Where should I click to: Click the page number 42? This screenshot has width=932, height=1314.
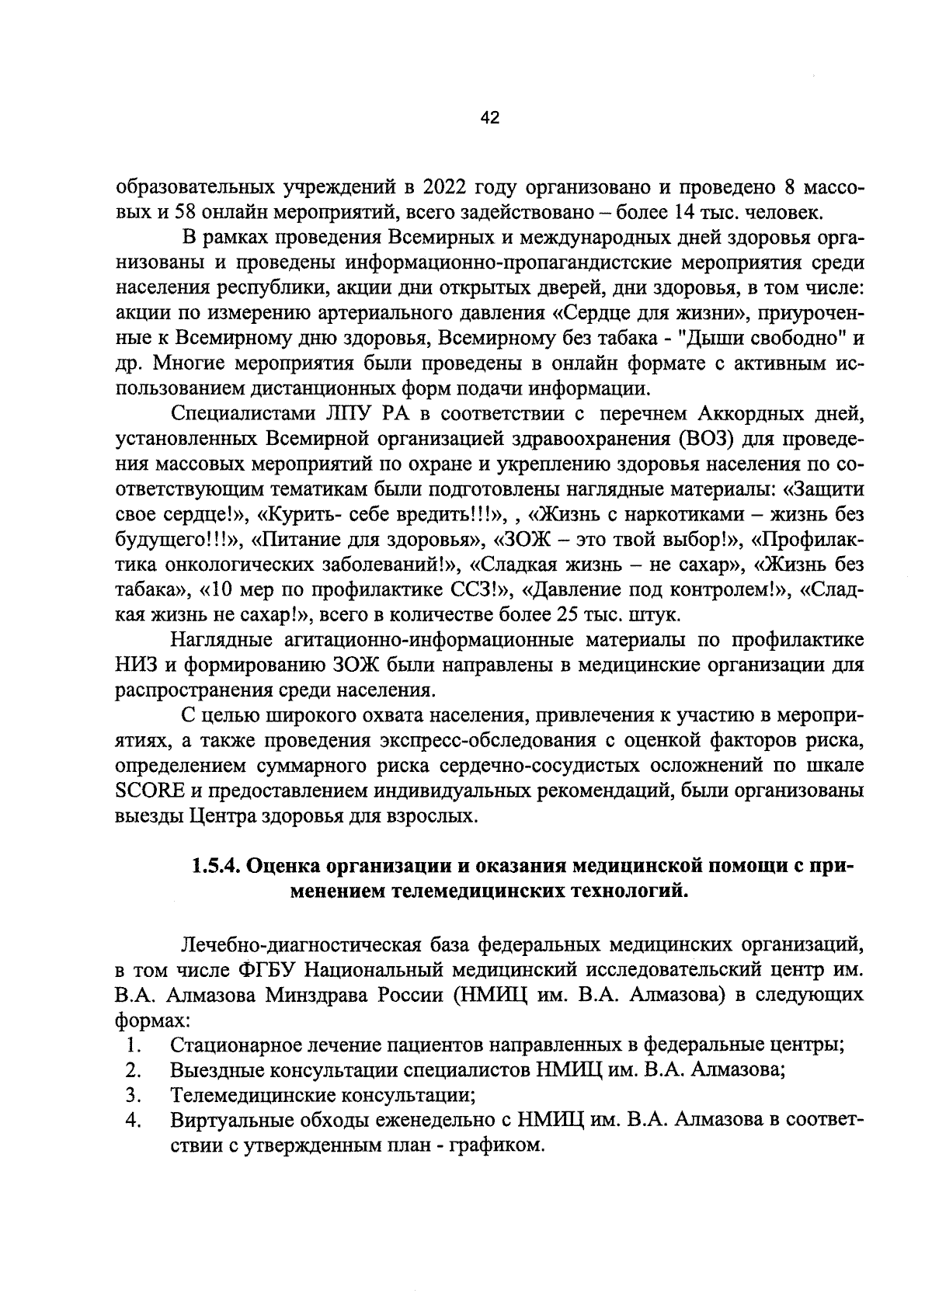[x=489, y=119]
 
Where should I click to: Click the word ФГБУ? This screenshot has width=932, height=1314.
[x=269, y=970]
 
